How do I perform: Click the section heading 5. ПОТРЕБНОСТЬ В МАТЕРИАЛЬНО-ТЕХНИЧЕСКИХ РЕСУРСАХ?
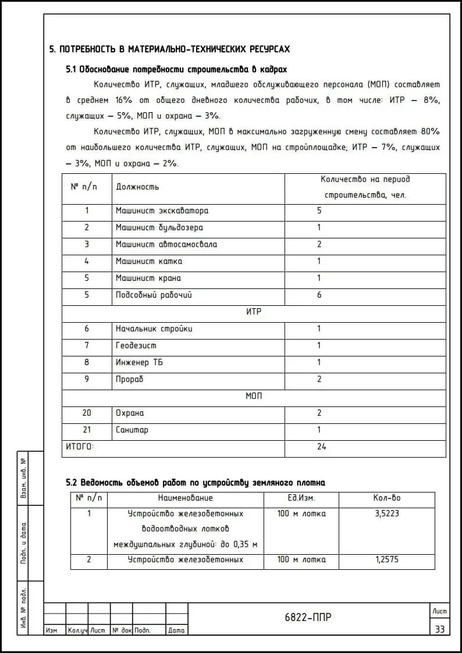click(x=169, y=49)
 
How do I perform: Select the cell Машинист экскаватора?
click(x=162, y=210)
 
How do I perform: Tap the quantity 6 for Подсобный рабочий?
click(x=319, y=295)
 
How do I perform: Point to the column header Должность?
click(x=137, y=187)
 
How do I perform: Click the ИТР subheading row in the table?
click(x=254, y=312)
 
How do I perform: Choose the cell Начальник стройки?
click(x=154, y=329)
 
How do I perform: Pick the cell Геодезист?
click(x=136, y=345)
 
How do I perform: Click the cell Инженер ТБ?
click(x=139, y=362)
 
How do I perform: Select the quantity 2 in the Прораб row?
click(x=319, y=379)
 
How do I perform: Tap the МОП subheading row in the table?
click(x=254, y=396)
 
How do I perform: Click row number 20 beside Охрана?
click(x=87, y=413)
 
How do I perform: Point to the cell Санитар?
click(x=132, y=430)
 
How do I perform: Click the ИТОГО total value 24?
click(x=321, y=447)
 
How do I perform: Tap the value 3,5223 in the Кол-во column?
click(x=387, y=513)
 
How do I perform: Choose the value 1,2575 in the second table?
click(x=387, y=559)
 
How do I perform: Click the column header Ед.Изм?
click(x=301, y=498)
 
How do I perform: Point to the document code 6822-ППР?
click(x=308, y=618)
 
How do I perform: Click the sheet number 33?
click(x=439, y=629)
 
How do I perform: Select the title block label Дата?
click(x=176, y=630)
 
